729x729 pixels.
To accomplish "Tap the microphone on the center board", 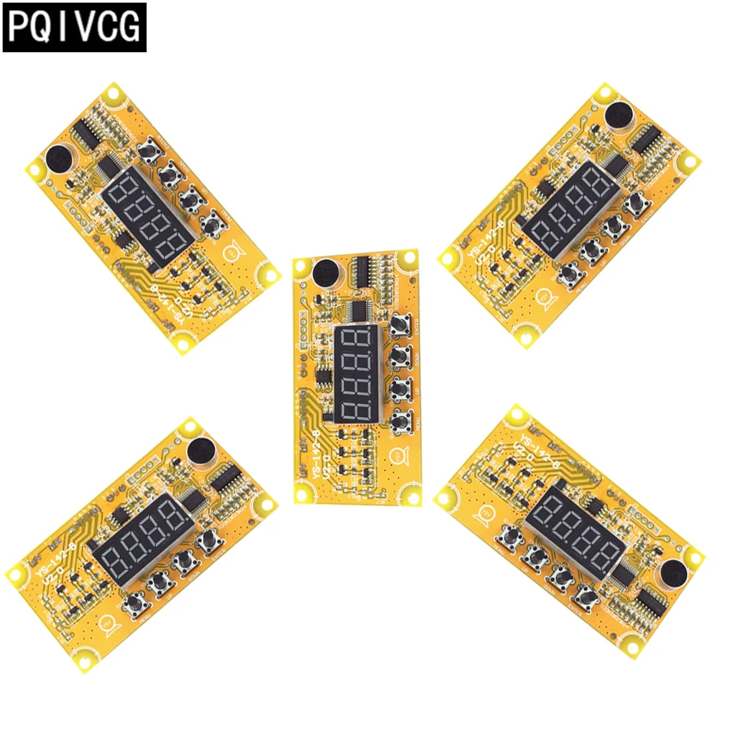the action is click(326, 273).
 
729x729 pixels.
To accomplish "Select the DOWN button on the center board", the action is click(399, 389).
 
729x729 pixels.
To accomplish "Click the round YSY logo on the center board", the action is click(397, 455).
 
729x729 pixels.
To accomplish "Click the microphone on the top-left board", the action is click(59, 159).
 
